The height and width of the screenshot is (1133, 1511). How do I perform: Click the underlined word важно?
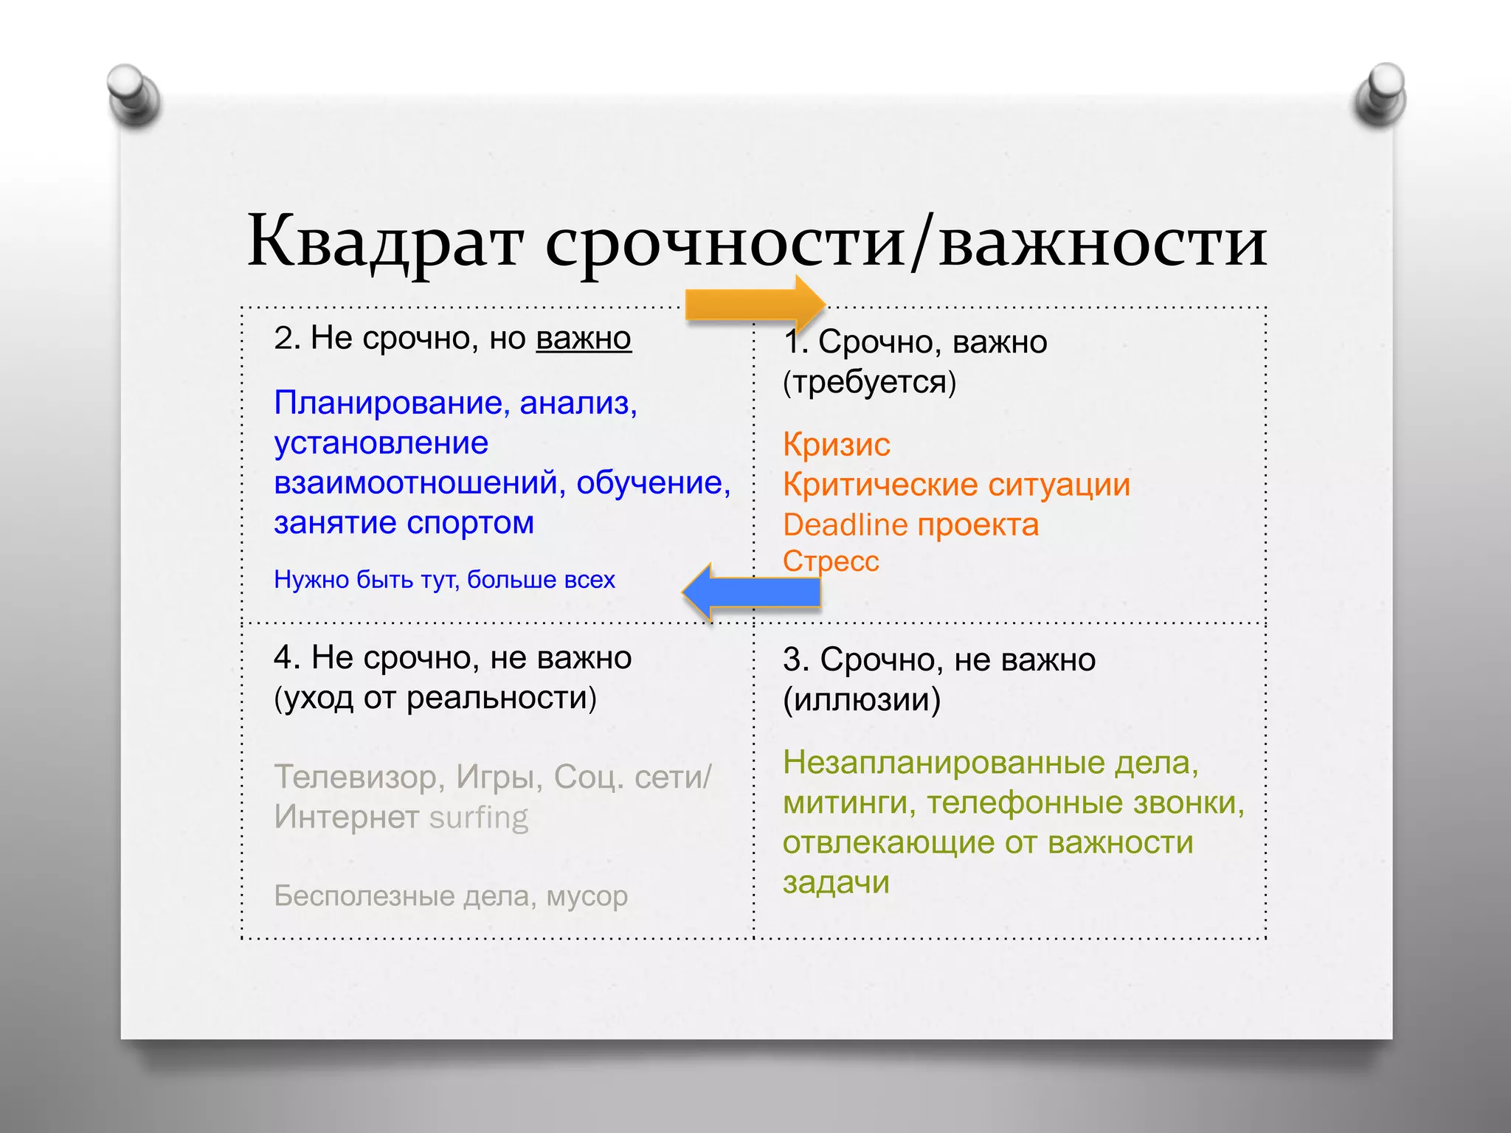pyautogui.click(x=584, y=339)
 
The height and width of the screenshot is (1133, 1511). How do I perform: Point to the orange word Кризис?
pyautogui.click(x=837, y=445)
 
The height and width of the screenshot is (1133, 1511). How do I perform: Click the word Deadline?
pyautogui.click(x=846, y=525)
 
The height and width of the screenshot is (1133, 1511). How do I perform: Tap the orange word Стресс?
pyautogui.click(x=831, y=561)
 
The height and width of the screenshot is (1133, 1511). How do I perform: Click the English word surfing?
pyautogui.click(x=479, y=817)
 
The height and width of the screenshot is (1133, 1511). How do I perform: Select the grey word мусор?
pyautogui.click(x=587, y=896)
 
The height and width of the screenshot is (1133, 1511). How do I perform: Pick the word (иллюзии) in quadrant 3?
pyautogui.click(x=862, y=699)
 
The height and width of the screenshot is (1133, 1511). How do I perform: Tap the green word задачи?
pyautogui.click(x=836, y=882)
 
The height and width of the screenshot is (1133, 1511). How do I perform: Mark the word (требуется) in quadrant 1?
pyautogui.click(x=869, y=382)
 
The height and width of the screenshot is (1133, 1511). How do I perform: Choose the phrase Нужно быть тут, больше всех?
pyautogui.click(x=444, y=580)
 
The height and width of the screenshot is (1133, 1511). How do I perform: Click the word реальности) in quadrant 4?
pyautogui.click(x=502, y=698)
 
